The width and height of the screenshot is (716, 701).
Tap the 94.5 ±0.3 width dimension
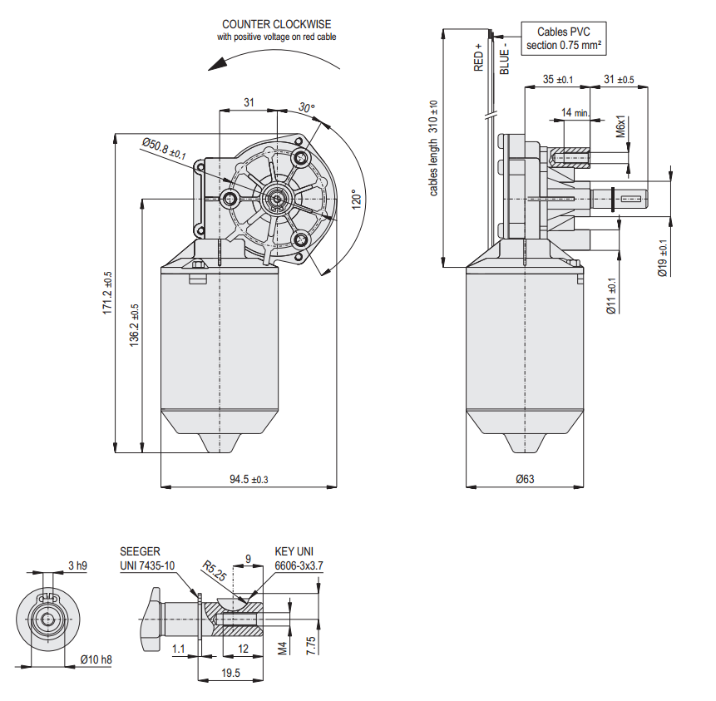(x=249, y=480)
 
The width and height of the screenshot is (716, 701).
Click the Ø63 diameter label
(x=525, y=479)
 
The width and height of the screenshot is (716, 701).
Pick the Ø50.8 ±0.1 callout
(x=164, y=149)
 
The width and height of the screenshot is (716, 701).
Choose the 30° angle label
(x=307, y=108)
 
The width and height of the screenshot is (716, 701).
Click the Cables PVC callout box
(x=564, y=39)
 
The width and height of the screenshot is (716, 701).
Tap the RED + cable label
(x=478, y=57)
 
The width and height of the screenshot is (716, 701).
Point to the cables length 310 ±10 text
(x=433, y=150)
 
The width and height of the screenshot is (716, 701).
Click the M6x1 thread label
(x=620, y=126)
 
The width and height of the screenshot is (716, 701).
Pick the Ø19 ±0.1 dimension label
(x=663, y=258)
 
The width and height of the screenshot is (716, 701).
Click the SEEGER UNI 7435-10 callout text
(x=147, y=559)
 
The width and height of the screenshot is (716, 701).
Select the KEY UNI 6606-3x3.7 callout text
(x=299, y=559)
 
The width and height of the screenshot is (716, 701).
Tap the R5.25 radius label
(x=214, y=575)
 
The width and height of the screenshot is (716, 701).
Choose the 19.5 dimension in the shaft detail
(x=231, y=673)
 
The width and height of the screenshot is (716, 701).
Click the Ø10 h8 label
(x=96, y=659)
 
